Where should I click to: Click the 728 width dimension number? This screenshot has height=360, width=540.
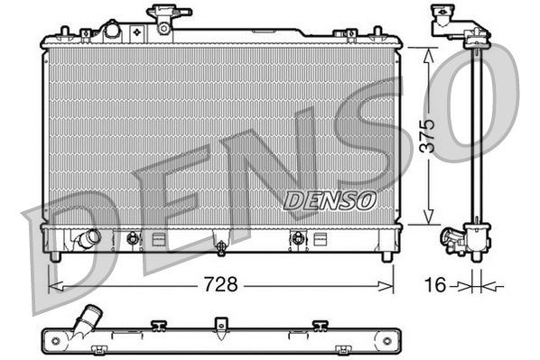click(x=219, y=285)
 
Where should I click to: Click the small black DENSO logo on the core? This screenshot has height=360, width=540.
click(x=328, y=200)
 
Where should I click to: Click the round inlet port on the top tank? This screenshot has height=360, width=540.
click(x=111, y=30)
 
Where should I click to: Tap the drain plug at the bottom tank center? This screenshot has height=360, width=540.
click(x=219, y=244)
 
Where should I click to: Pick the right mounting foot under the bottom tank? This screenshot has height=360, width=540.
click(x=386, y=256)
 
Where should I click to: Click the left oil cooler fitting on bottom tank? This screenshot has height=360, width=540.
click(x=134, y=239)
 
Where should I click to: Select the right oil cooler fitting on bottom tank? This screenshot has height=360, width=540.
click(x=295, y=239)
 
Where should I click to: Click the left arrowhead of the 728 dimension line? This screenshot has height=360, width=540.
click(x=51, y=286)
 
